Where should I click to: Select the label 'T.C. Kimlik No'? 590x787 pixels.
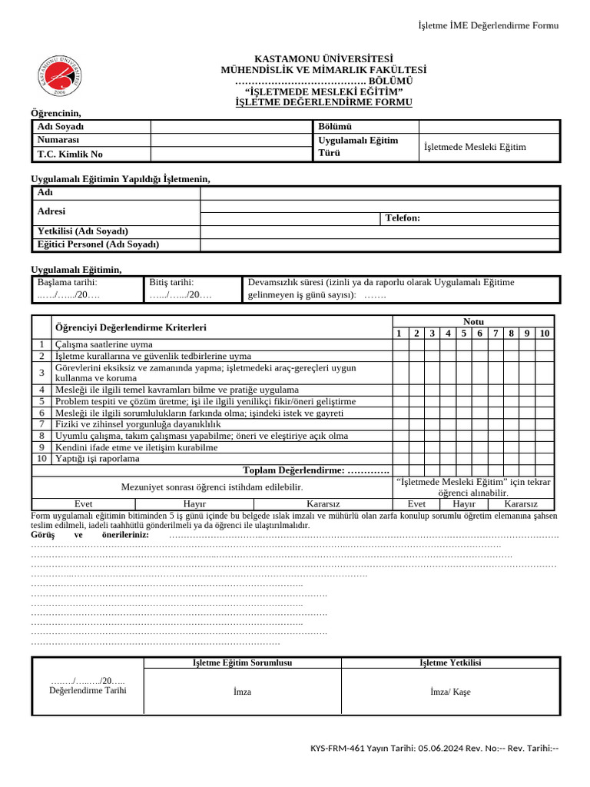[70, 154]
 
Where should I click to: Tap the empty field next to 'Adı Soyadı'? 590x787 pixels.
[230, 127]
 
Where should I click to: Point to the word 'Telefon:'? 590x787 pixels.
[403, 218]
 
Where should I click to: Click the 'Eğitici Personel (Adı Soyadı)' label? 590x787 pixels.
[98, 244]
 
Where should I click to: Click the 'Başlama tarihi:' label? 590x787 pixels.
[67, 283]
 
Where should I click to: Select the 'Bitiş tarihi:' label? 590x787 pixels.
[171, 283]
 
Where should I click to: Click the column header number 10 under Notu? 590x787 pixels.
[544, 333]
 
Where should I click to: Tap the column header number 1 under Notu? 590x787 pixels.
[399, 333]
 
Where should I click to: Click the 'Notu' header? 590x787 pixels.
[473, 321]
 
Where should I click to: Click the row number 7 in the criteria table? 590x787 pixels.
[41, 424]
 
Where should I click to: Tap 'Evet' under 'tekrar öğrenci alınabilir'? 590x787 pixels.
[422, 503]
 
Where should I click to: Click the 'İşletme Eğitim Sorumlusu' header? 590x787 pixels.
[242, 662]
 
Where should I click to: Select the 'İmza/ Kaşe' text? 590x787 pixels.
[450, 692]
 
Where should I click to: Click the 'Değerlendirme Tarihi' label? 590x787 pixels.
[88, 690]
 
